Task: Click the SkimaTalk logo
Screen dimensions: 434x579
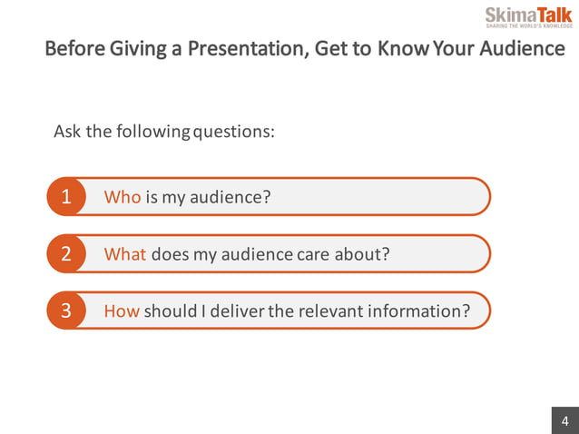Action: click(x=528, y=16)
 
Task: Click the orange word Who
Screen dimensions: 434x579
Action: click(x=123, y=197)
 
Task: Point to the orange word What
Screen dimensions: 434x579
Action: click(x=125, y=254)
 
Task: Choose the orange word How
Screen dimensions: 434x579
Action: click(x=122, y=311)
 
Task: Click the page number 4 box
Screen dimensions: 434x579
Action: click(x=564, y=420)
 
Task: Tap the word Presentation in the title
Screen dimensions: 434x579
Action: click(x=243, y=48)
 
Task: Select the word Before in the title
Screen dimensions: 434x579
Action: click(x=74, y=48)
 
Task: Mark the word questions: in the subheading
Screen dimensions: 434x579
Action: click(x=234, y=131)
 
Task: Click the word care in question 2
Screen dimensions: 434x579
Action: click(x=313, y=254)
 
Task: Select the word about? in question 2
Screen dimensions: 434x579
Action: click(x=362, y=254)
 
